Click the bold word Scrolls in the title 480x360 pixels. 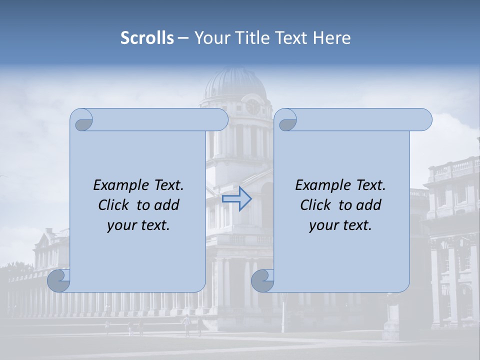147,38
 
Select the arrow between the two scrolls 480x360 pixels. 237,198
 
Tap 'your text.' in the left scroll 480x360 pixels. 138,225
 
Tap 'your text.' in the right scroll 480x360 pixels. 340,225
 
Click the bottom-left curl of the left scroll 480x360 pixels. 59,281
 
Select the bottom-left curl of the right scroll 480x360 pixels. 262,281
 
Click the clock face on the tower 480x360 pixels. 253,106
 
